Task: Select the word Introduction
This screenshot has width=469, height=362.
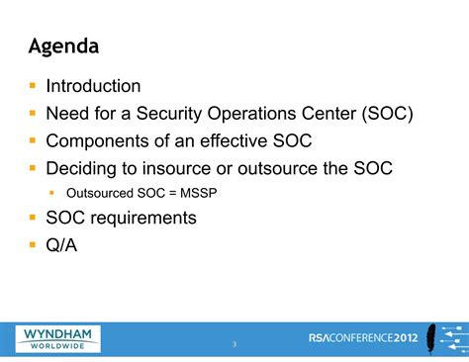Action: click(94, 87)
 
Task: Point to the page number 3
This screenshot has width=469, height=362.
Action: click(234, 343)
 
